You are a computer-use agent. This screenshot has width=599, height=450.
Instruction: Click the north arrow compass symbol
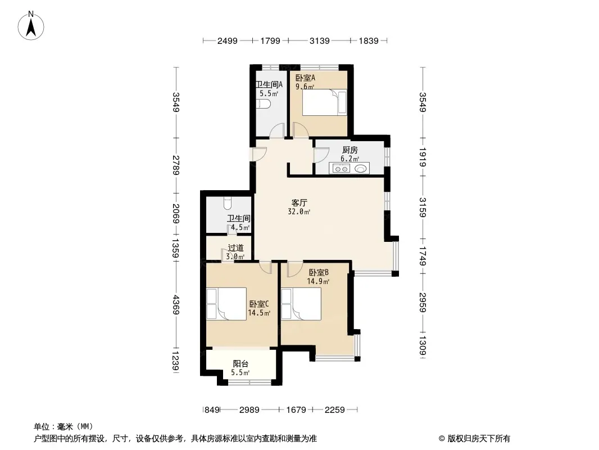click(x=31, y=26)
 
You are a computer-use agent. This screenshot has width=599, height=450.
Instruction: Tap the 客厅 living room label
click(x=299, y=202)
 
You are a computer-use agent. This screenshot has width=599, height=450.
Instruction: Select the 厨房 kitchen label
click(x=350, y=150)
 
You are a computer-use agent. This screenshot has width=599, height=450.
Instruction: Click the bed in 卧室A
click(x=324, y=102)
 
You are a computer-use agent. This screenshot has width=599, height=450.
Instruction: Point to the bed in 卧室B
click(x=301, y=304)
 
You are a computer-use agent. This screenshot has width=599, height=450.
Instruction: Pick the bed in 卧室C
click(x=226, y=304)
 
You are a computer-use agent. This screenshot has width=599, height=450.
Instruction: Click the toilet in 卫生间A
click(x=263, y=104)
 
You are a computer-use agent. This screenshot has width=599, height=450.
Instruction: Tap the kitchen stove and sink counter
click(x=349, y=168)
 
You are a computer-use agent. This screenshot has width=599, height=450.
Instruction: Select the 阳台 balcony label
click(x=240, y=363)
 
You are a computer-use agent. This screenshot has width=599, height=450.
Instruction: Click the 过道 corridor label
click(x=235, y=247)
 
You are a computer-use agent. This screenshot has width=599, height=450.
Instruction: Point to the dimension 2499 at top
click(x=228, y=40)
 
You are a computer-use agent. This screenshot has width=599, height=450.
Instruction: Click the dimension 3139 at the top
click(x=319, y=40)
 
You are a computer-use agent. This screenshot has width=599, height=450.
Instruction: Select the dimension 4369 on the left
click(x=176, y=305)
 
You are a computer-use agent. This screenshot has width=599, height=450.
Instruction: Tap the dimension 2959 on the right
click(x=423, y=303)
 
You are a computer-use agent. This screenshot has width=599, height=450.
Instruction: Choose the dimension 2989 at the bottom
click(x=249, y=410)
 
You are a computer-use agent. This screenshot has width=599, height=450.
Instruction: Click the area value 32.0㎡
click(x=299, y=212)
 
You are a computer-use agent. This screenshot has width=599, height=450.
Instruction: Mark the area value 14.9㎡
click(x=318, y=282)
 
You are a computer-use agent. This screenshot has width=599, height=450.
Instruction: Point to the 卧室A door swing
click(x=301, y=129)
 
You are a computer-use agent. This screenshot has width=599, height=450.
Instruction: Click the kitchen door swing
click(x=321, y=156)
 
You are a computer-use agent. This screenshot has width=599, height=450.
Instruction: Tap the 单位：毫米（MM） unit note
click(x=63, y=426)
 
